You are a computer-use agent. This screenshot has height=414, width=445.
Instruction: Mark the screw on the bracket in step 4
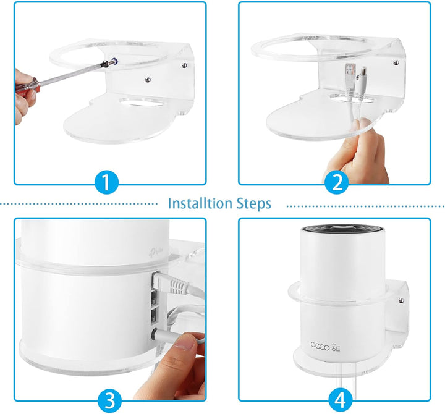401,301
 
